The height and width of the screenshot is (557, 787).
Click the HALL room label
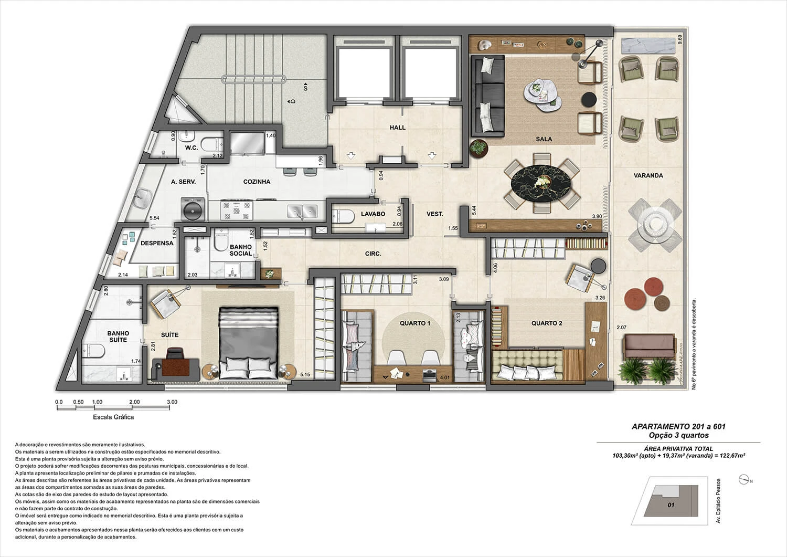tap(397, 127)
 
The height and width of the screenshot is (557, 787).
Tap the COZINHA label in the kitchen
tap(257, 182)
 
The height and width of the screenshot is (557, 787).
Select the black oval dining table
tap(541, 183)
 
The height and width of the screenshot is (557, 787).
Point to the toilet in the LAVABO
tap(343, 216)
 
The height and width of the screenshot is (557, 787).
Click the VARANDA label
tap(648, 175)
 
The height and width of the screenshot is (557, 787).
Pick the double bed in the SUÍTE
tap(248, 343)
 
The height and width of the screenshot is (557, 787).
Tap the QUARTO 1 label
tap(414, 323)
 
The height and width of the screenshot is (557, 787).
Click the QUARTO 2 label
tap(546, 323)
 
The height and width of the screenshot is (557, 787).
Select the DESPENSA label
tap(157, 243)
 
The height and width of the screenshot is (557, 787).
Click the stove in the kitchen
tap(237, 210)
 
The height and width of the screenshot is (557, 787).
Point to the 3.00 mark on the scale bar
tap(172, 402)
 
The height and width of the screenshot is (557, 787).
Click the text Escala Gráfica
tap(113, 417)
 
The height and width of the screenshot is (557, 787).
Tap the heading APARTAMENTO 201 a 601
tap(678, 426)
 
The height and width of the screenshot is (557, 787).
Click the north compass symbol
tap(743, 480)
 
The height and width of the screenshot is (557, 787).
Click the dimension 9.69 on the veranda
tap(680, 39)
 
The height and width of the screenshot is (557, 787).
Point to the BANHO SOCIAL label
tap(241, 250)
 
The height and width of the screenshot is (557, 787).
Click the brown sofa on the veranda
tap(650, 346)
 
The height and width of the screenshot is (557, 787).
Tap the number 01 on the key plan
tap(671, 505)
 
